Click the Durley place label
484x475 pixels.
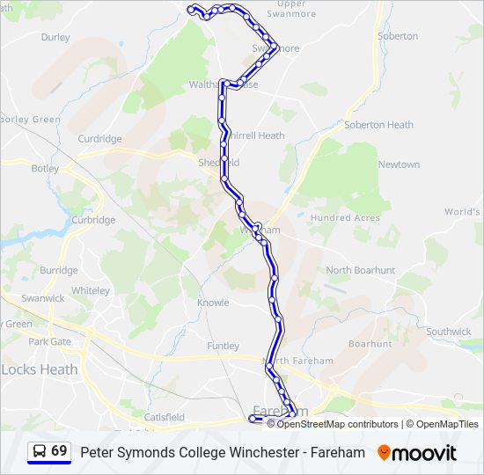tap(55, 38)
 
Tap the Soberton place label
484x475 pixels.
tap(398, 36)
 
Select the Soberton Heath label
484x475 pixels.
tap(378, 125)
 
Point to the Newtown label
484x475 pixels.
tap(399, 164)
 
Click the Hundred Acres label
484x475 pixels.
tap(345, 217)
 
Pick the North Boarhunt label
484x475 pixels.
tap(361, 270)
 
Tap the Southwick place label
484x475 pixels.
tap(449, 332)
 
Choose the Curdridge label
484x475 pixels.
tap(99, 139)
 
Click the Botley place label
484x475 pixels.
tap(45, 168)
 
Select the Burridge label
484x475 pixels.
tap(59, 270)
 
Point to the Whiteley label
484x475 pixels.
tap(91, 290)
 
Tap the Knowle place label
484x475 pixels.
tap(213, 303)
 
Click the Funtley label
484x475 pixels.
tap(223, 347)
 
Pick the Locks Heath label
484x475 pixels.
tap(40, 369)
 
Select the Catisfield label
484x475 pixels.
tap(165, 416)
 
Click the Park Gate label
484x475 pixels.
tap(49, 341)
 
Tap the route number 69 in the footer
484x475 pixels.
tap(59, 451)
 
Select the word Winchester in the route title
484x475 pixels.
tap(236, 453)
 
